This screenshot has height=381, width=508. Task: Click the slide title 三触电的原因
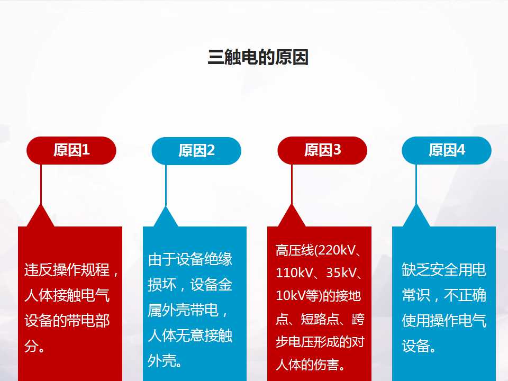[x=258, y=57]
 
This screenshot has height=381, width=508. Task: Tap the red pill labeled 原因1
[x=71, y=150]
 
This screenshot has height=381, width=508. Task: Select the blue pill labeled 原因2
[x=196, y=151]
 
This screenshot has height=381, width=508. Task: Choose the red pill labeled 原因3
[x=322, y=150]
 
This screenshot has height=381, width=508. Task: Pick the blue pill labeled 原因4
[x=447, y=150]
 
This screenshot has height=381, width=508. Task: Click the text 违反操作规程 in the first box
[x=67, y=270]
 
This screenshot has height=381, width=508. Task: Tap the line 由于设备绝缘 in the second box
[x=190, y=260]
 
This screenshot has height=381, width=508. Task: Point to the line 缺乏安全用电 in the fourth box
[x=443, y=270]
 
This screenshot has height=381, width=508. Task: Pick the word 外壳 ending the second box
[x=160, y=361]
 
